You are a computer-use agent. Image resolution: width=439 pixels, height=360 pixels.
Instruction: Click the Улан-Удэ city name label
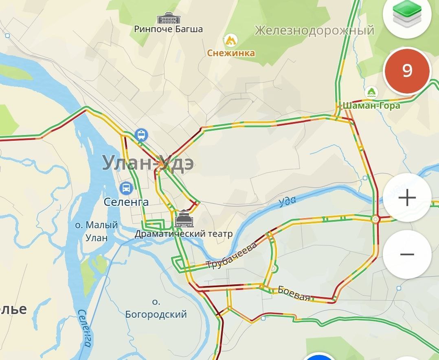[x=147, y=163]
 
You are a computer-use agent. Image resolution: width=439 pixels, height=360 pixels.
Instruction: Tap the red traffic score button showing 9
[x=407, y=71]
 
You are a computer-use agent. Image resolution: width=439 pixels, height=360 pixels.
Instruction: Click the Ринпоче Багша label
[x=169, y=29]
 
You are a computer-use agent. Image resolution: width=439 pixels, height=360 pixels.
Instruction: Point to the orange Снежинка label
[x=231, y=53]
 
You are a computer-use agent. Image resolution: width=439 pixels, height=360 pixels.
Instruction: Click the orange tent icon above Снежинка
[x=230, y=40]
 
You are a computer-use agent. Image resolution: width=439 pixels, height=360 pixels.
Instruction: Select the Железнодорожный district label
[x=314, y=30]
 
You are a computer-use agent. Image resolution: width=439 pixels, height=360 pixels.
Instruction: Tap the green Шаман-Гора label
[x=371, y=105]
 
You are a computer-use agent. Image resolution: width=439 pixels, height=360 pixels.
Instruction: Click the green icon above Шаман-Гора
[x=371, y=92]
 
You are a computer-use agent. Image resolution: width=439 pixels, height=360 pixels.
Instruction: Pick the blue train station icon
[x=141, y=134]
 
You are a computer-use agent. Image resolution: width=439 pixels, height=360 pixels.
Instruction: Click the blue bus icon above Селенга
[x=126, y=188]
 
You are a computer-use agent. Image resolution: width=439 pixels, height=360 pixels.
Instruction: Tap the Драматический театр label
[x=184, y=234]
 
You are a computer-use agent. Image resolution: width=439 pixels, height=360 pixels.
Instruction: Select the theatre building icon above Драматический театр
[x=184, y=219]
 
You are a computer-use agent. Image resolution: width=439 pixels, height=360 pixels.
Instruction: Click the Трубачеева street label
[x=232, y=255]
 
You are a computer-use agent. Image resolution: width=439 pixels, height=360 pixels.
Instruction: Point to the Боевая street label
[x=294, y=293]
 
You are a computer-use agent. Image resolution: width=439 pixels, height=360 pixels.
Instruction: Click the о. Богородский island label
[x=156, y=308]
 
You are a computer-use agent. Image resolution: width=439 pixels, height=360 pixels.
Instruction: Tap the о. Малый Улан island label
[x=97, y=231]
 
